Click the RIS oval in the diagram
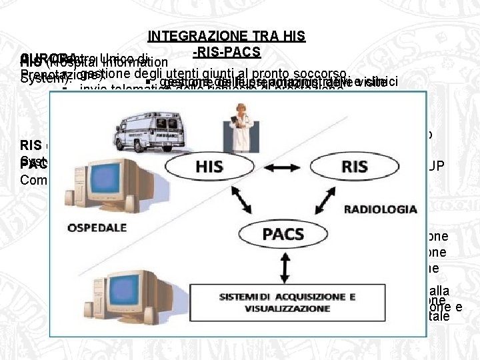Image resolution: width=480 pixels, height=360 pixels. [x=354, y=167]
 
